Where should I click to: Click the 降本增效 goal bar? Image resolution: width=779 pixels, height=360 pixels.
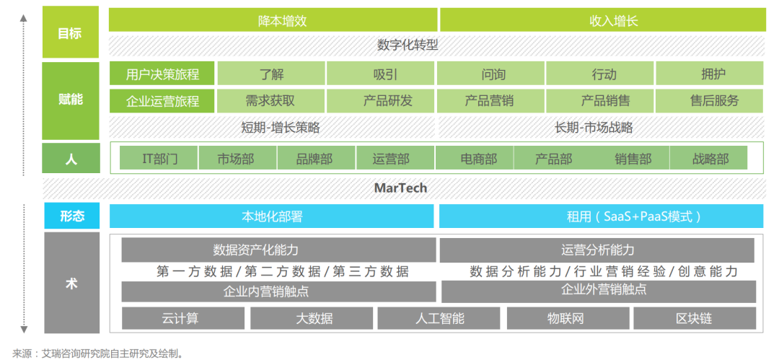[273, 20]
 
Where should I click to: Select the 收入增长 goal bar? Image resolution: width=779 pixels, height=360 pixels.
[602, 20]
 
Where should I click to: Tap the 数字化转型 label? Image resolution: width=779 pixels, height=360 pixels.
[408, 45]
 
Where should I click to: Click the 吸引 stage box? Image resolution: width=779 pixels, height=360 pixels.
[380, 74]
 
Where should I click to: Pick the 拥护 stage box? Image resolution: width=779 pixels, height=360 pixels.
[710, 74]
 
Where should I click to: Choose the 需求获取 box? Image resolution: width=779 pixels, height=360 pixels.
[270, 101]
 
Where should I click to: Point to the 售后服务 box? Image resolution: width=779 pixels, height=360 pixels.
[710, 101]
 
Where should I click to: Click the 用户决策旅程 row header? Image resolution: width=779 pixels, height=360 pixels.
[162, 74]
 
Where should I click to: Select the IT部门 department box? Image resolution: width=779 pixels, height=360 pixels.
[159, 158]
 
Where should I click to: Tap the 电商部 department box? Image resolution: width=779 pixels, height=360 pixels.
[475, 158]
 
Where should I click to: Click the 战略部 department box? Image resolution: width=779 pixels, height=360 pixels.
[708, 158]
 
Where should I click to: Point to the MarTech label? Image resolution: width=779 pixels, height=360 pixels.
[400, 188]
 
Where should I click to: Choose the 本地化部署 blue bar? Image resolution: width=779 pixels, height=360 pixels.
[271, 216]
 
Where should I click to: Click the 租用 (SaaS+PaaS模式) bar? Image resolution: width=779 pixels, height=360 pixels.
[601, 216]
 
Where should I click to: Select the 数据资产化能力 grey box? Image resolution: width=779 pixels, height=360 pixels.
[278, 250]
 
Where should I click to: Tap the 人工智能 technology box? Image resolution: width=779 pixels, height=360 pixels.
[439, 318]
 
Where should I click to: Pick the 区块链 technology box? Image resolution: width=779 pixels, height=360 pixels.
[695, 318]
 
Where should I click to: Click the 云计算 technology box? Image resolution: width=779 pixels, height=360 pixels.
[182, 318]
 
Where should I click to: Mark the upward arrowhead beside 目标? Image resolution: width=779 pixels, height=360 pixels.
[23, 19]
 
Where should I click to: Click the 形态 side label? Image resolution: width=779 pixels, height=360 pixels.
[71, 216]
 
